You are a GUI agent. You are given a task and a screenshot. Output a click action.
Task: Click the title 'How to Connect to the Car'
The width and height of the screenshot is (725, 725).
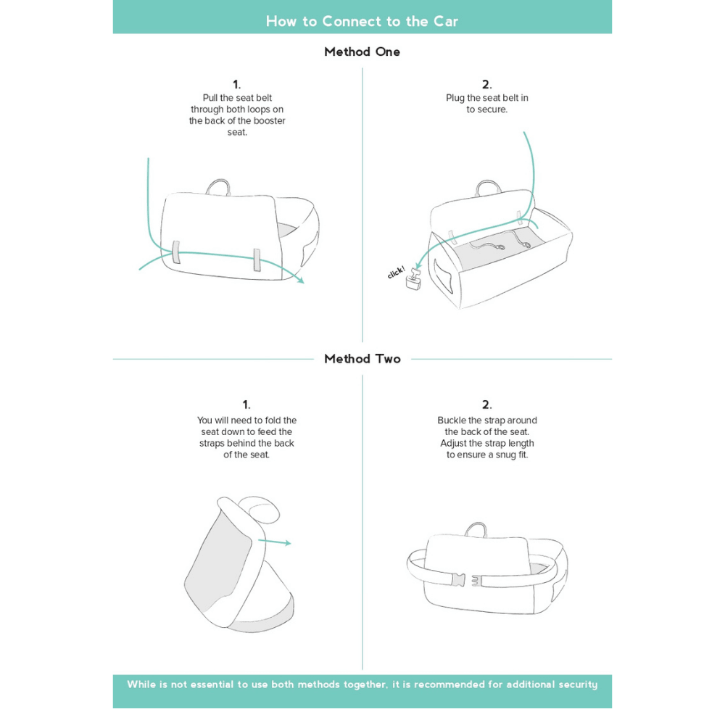[362, 21]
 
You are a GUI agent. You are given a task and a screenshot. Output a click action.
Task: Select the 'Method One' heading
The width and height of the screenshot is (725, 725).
[362, 52]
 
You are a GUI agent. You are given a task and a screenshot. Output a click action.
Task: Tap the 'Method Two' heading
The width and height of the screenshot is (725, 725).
[362, 359]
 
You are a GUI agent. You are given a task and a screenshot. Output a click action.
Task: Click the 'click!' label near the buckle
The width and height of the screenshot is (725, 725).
[396, 273]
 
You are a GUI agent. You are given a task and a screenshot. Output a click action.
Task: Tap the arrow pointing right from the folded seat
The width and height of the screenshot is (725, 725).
[274, 542]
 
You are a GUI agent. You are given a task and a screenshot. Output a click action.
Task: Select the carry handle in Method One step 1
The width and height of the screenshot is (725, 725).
[217, 187]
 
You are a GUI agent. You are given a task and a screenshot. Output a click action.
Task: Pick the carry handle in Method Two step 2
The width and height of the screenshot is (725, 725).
[476, 529]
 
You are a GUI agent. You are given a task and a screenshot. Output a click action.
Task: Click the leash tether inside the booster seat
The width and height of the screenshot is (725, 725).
[500, 241]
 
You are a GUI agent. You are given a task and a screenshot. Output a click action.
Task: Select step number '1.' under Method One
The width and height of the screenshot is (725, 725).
[237, 84]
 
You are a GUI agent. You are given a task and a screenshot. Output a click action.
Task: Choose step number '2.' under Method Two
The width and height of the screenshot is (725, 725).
[486, 405]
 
